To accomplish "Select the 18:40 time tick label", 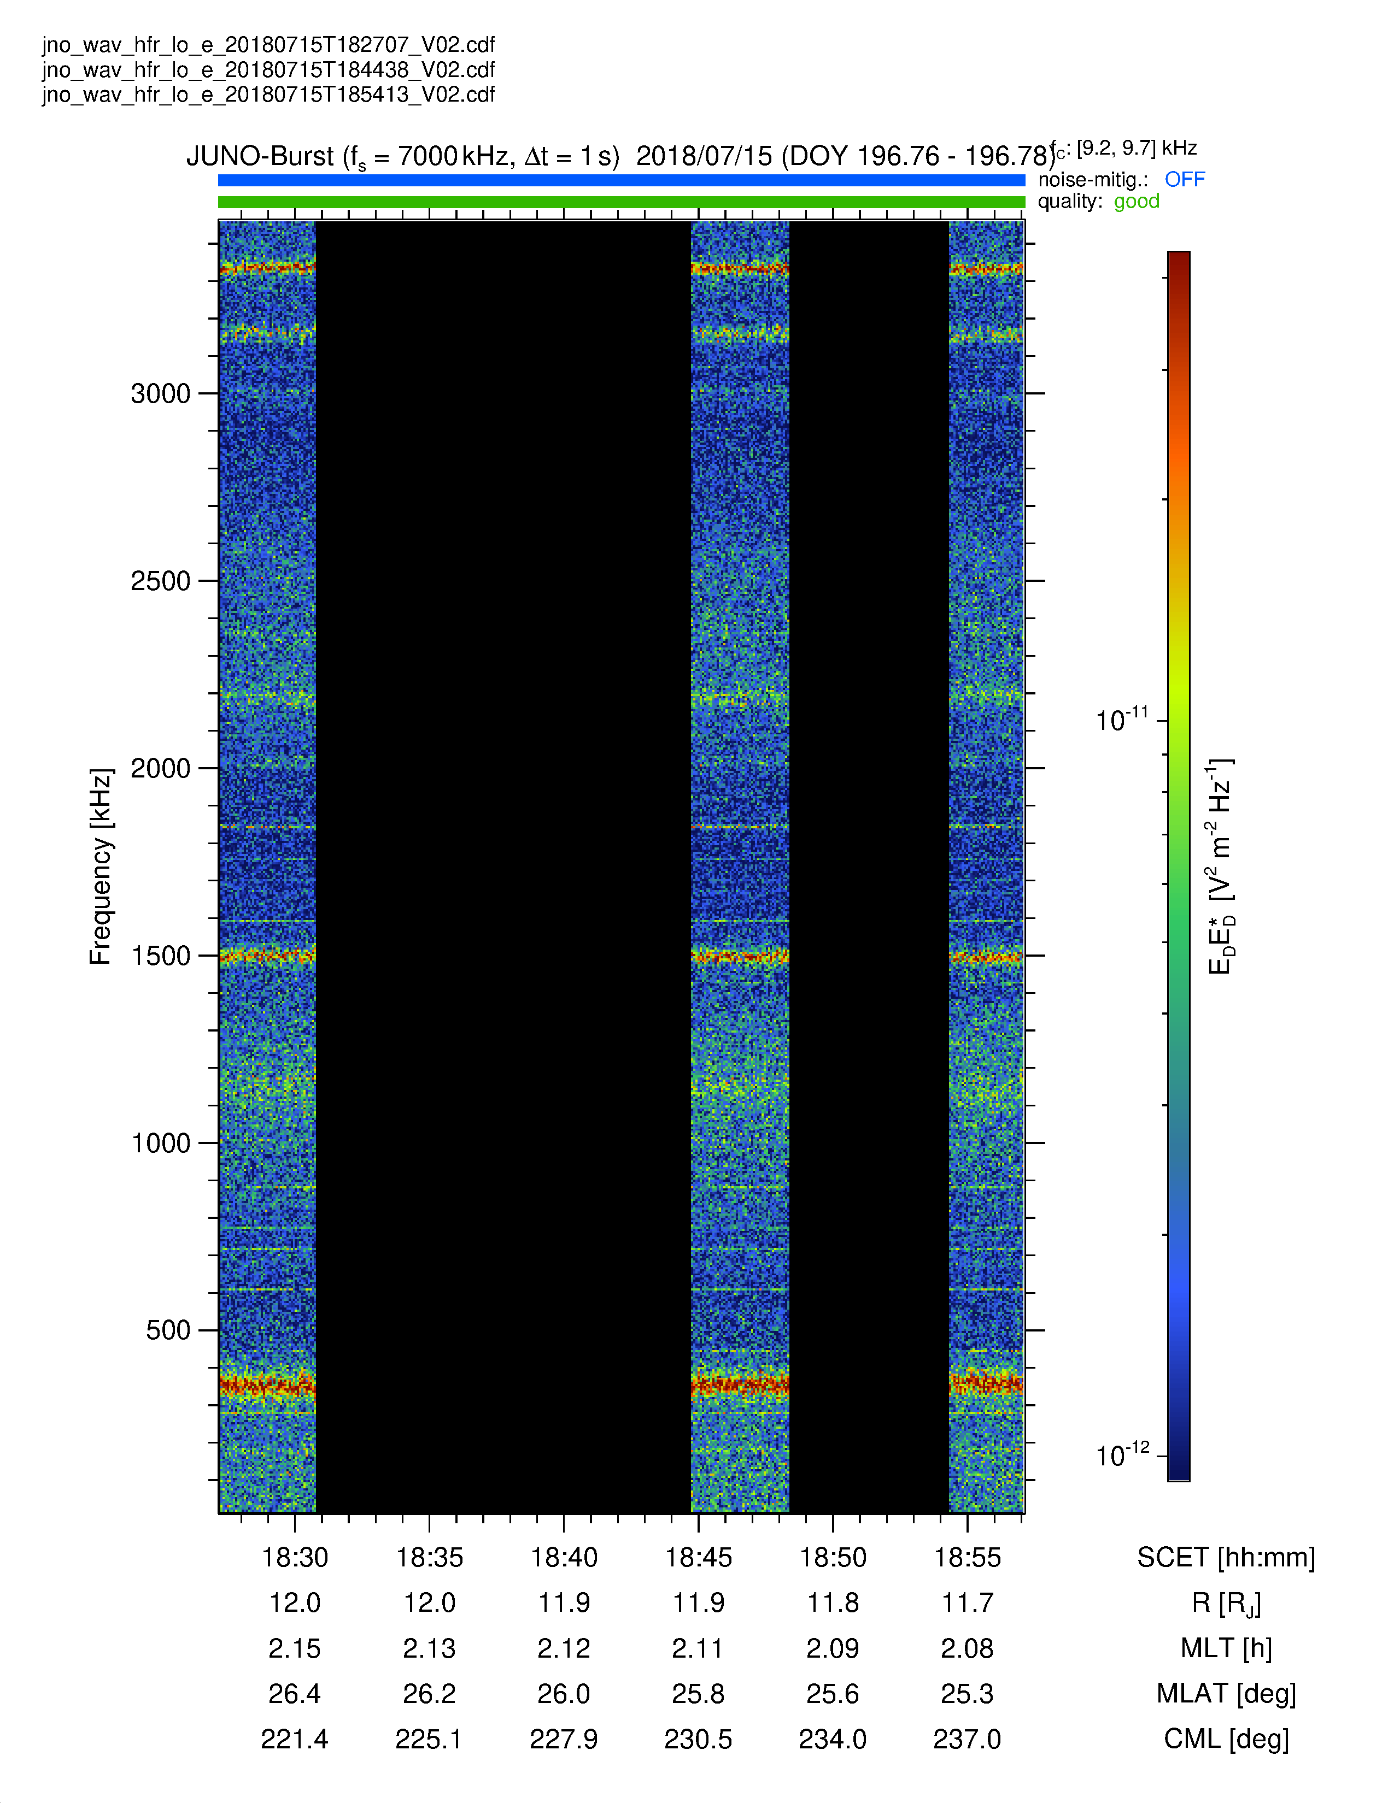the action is [x=564, y=1558].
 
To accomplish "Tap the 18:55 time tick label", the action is [x=967, y=1558].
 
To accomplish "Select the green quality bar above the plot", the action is [x=621, y=202].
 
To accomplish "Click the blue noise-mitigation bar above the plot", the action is [x=621, y=180].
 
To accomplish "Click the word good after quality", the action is [x=1137, y=202].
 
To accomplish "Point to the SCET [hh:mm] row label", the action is [x=1226, y=1558].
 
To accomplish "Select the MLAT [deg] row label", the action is [x=1226, y=1694].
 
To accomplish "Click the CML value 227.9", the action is [x=564, y=1740].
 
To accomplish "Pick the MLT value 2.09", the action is [x=833, y=1648].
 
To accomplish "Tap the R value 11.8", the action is [x=833, y=1603].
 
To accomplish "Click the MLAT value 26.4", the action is [x=294, y=1694].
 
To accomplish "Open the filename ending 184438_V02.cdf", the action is [x=268, y=69].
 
